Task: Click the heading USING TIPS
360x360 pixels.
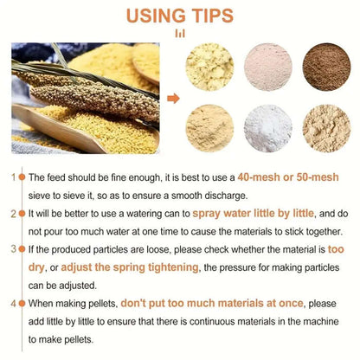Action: click(x=180, y=16)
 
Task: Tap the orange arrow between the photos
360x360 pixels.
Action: click(x=173, y=99)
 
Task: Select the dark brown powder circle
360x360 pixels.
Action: click(x=326, y=67)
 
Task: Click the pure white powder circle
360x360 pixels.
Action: click(x=268, y=129)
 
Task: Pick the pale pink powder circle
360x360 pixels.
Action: click(x=268, y=67)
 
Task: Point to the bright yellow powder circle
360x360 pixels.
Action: click(x=209, y=67)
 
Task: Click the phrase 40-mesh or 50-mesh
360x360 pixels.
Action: click(x=288, y=177)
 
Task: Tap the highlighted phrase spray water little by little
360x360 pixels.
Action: click(x=253, y=214)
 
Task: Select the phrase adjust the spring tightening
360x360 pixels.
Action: click(x=130, y=267)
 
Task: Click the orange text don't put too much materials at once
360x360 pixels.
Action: click(x=212, y=303)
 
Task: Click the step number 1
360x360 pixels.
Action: click(x=13, y=177)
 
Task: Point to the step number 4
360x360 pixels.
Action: click(x=13, y=304)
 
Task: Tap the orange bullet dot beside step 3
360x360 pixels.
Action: click(x=22, y=249)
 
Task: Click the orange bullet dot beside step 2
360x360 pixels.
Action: click(x=22, y=214)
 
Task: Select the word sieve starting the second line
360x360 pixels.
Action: click(x=39, y=196)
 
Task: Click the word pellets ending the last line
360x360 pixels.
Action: click(x=79, y=339)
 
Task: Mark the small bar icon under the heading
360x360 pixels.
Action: click(x=180, y=34)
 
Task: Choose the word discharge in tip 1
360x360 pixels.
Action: click(x=226, y=196)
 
